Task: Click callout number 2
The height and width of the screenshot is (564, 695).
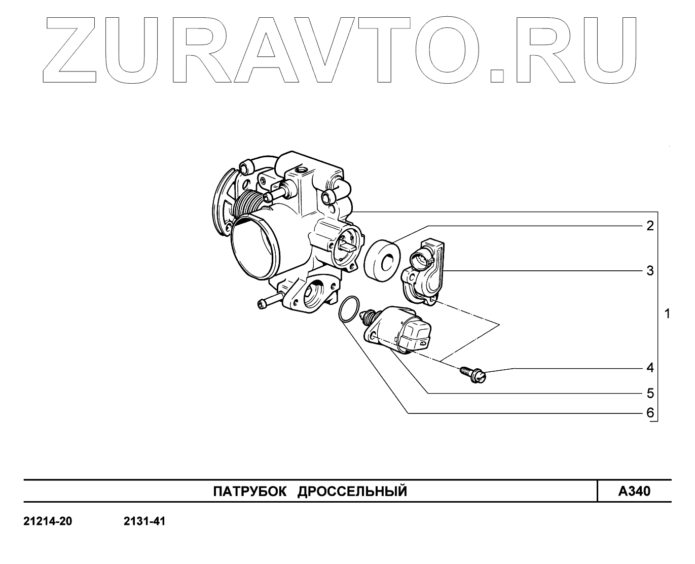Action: click(650, 226)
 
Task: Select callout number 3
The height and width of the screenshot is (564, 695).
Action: click(650, 271)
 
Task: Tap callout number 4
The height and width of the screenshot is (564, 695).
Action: click(650, 368)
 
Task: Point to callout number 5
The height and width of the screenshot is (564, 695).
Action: click(650, 394)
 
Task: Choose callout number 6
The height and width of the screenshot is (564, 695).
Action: click(650, 413)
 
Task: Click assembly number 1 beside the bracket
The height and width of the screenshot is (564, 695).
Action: click(667, 314)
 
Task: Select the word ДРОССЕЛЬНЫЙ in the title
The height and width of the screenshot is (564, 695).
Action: click(352, 491)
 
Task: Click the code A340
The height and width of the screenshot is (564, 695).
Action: click(634, 491)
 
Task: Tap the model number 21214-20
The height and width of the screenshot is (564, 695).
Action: click(48, 521)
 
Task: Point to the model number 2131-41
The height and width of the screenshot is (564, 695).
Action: click(144, 521)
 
